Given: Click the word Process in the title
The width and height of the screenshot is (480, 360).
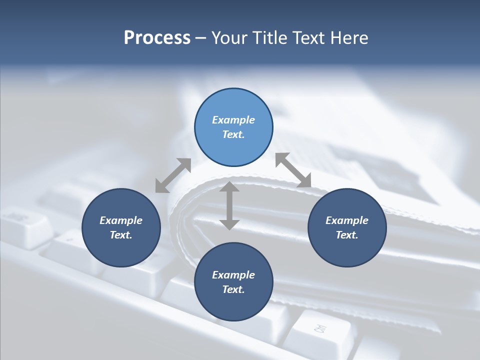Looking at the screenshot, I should (x=157, y=38).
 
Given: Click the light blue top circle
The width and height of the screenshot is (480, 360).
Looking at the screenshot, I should (x=233, y=127).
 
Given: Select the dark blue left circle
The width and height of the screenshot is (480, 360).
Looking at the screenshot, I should (x=121, y=227).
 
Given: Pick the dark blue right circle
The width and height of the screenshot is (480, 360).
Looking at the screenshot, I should (x=347, y=227).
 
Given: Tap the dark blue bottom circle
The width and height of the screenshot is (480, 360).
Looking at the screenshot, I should (x=233, y=282).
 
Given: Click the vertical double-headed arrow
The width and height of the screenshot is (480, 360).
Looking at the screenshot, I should (x=229, y=205).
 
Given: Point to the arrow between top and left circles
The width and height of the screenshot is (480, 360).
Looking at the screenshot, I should (x=173, y=175).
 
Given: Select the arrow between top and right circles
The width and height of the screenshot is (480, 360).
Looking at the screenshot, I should (x=293, y=170).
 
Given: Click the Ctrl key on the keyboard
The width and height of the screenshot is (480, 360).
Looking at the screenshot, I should (x=320, y=329).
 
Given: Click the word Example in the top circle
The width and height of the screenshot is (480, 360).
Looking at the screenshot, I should (x=233, y=120).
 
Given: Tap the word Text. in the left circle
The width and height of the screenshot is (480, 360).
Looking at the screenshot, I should (x=121, y=235).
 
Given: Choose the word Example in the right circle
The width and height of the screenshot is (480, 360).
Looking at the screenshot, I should (x=347, y=220).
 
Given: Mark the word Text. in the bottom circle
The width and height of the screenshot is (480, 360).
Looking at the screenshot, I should (x=233, y=289).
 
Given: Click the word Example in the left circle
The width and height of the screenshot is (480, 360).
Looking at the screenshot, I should (x=121, y=220).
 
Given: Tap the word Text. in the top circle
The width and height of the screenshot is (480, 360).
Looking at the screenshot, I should (x=233, y=134).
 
